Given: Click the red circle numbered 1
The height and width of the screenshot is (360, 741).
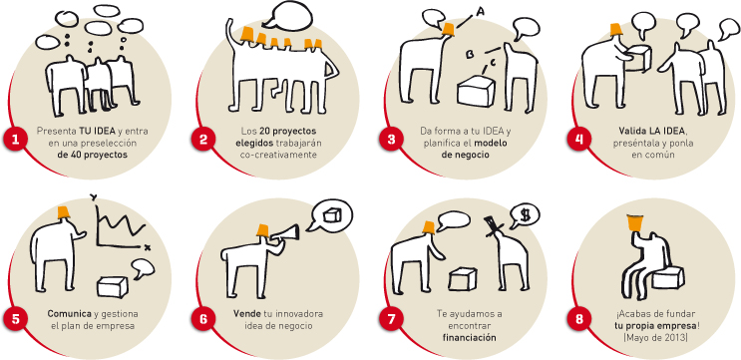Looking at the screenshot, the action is click(17, 140).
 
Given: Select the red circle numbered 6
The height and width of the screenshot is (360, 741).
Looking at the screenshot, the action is click(203, 319).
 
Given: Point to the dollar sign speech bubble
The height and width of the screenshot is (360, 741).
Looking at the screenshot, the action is click(525, 215).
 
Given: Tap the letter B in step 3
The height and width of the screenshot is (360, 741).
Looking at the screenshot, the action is click(471, 55).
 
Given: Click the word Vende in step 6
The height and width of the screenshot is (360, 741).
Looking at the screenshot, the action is click(244, 314).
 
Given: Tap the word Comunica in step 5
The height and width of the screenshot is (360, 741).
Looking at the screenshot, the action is click(68, 314).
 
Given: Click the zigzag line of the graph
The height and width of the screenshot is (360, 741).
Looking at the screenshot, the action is click(122, 222).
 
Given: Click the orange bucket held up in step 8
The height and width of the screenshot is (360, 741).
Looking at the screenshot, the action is click(635, 222).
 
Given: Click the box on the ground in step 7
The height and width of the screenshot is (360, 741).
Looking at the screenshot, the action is click(462, 279).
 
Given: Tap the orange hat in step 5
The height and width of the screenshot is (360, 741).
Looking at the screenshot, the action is click(63, 212).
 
